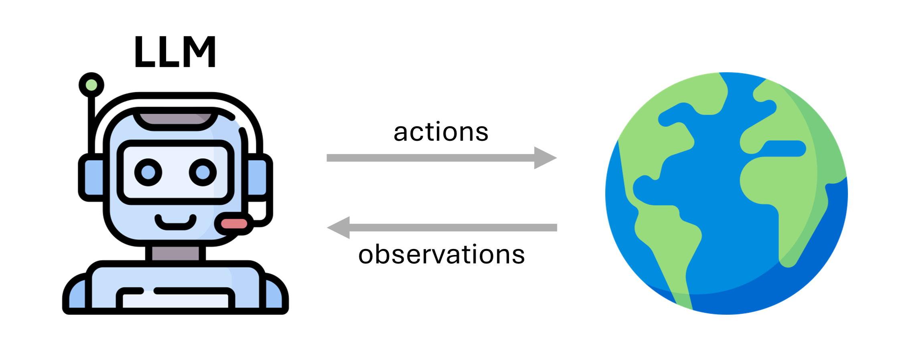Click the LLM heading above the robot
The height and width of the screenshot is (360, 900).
coord(175,52)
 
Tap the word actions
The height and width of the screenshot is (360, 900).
coord(441,132)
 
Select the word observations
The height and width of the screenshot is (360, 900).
coord(441,255)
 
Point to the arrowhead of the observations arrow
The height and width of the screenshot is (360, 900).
coord(339,228)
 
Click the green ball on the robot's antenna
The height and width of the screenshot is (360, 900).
coord(91,85)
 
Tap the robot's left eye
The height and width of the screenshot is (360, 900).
coord(148,172)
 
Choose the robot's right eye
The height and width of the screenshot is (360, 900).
coord(203,172)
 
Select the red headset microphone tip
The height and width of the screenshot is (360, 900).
coord(234,223)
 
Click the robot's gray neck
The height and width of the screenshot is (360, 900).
coord(175,253)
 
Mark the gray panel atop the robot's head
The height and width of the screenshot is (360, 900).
coord(175,119)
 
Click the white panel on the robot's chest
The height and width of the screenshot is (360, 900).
coord(175,300)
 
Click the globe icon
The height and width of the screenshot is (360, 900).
coord(726,193)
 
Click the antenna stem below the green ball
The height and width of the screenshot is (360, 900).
coord(91,116)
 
